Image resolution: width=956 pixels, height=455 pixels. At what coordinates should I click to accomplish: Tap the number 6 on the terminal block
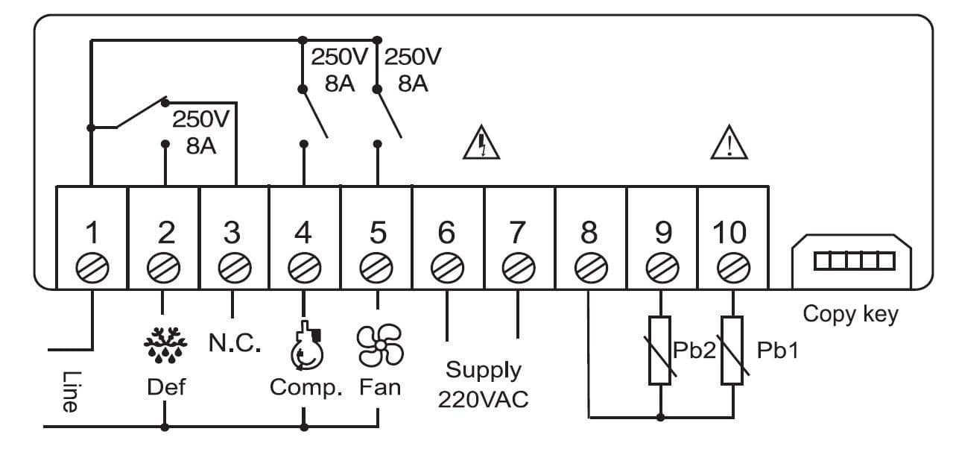pos(446,233)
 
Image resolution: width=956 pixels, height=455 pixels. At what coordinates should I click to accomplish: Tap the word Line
pos(69,392)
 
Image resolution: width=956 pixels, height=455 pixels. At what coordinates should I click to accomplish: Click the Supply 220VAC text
pos(483,384)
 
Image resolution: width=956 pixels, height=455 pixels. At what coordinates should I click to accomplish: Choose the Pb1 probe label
pos(777,350)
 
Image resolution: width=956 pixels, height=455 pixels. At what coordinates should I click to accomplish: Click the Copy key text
pos(850,314)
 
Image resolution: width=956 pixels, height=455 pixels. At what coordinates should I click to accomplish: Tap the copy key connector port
pos(854,260)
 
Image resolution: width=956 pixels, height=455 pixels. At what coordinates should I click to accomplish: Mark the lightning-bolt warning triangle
pos(481,143)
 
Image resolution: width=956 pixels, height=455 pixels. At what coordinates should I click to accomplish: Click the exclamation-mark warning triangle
pos(729,143)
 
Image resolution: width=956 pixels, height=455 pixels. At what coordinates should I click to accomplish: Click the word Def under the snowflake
pos(166,388)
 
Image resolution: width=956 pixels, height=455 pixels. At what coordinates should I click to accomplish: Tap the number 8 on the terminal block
pos(589,233)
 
